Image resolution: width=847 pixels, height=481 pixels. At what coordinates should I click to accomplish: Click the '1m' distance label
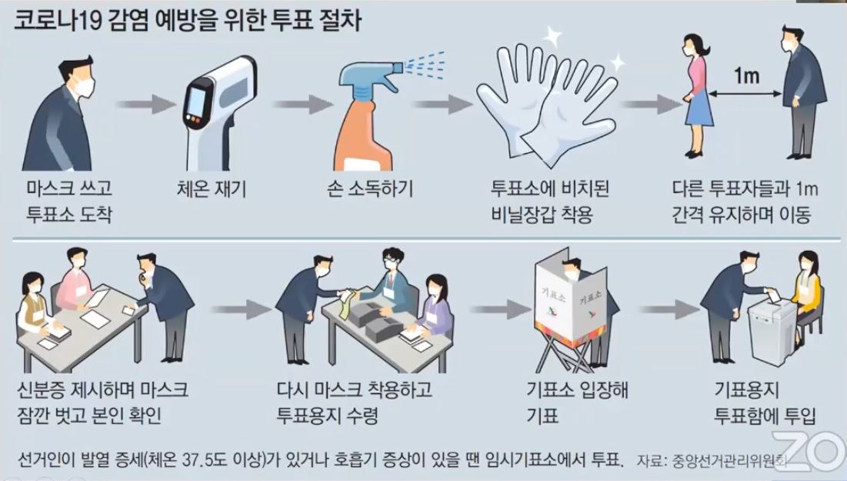[x=747, y=76]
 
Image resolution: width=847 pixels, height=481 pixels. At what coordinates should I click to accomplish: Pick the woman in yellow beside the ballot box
[x=808, y=289]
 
